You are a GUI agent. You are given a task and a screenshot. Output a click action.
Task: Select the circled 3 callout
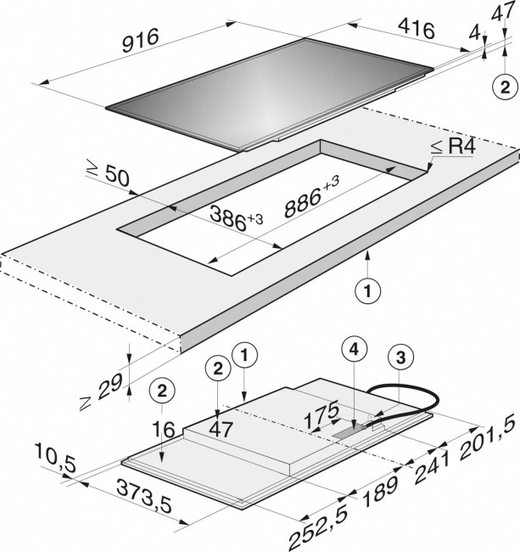(x=401, y=358)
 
